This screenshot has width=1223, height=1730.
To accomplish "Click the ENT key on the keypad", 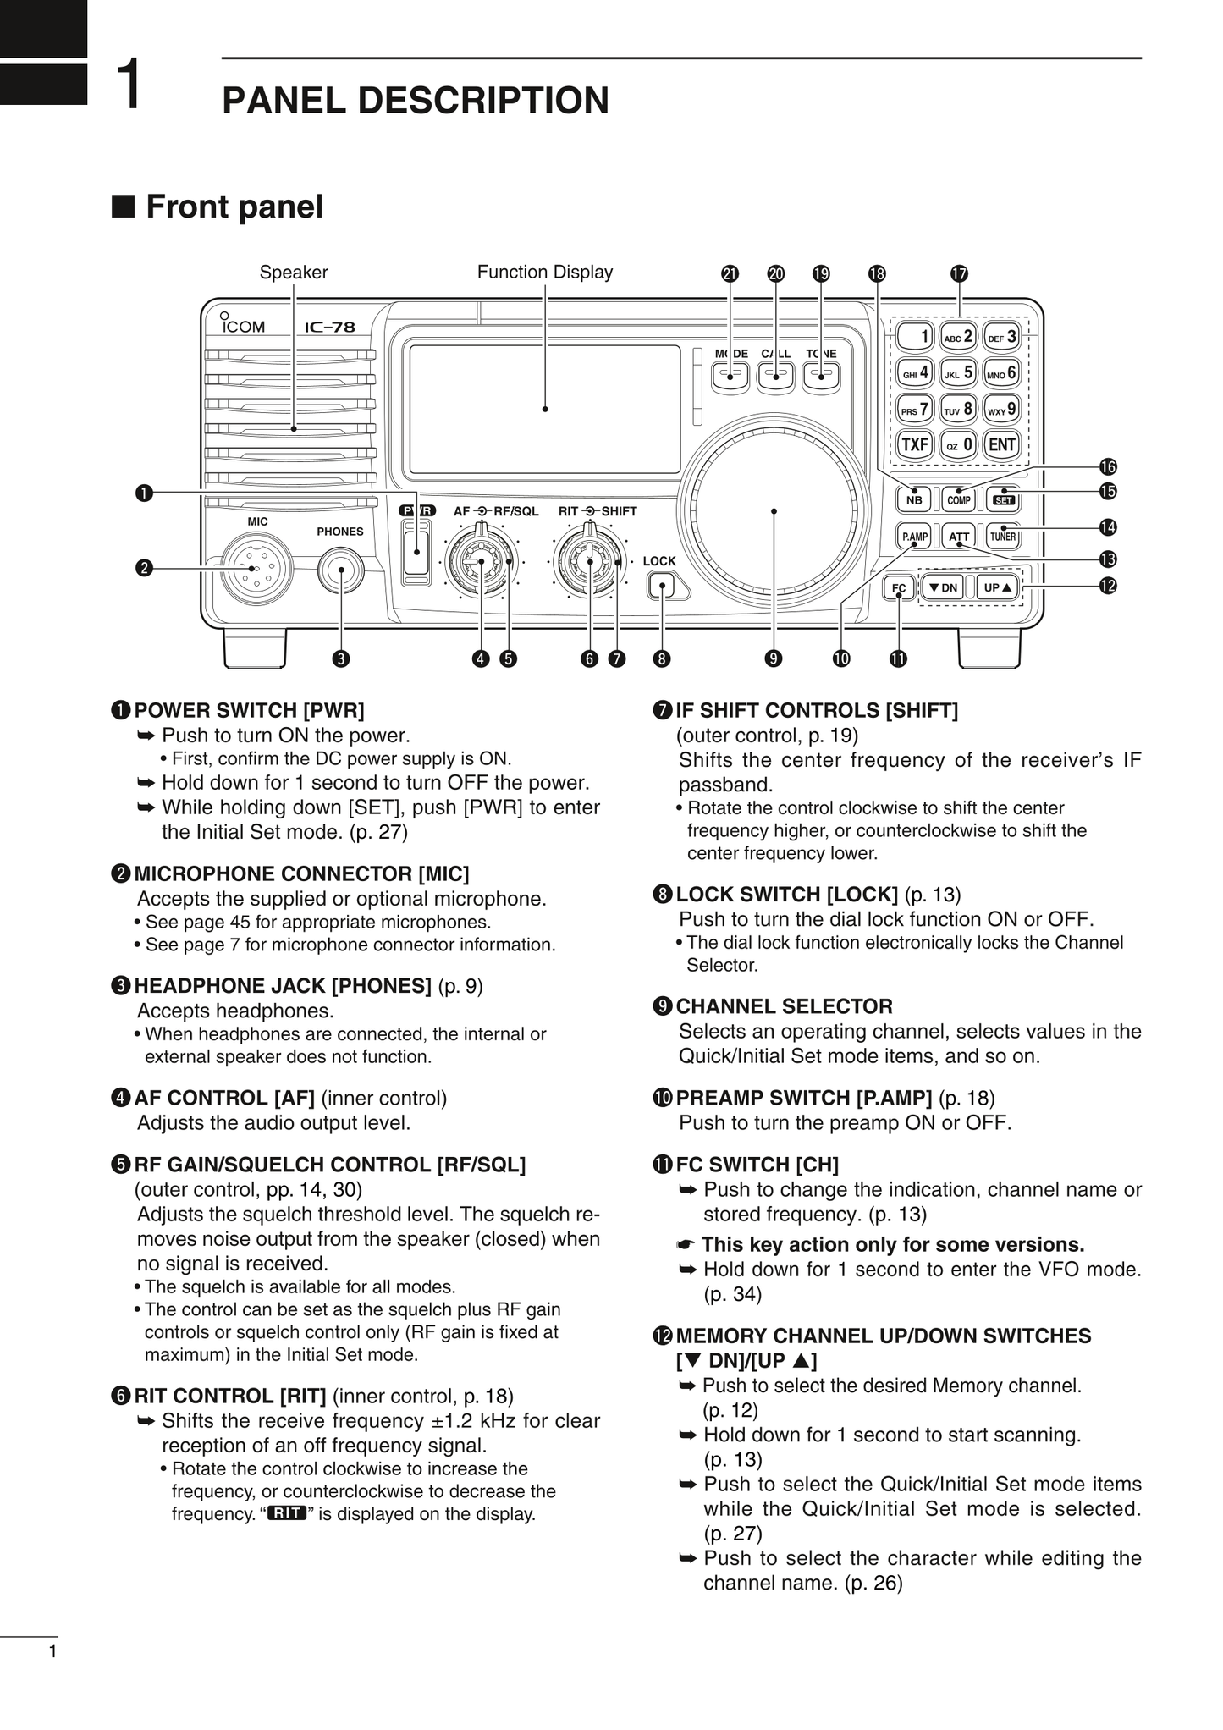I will [x=1002, y=444].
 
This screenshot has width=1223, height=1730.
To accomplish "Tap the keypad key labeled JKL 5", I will [x=958, y=372].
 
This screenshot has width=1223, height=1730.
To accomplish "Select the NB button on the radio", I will [x=914, y=499].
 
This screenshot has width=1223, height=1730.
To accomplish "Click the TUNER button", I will [x=1003, y=536].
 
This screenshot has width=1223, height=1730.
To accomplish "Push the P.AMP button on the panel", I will [x=914, y=536].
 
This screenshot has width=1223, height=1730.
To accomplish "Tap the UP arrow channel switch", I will [x=999, y=587].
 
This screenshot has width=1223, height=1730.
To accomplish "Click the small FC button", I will [x=899, y=588].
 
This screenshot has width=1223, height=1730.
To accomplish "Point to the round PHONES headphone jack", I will [x=341, y=571].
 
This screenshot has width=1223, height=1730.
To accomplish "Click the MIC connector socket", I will [x=256, y=569].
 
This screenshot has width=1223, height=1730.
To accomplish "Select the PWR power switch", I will [x=416, y=551].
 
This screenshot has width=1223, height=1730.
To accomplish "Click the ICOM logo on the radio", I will [x=243, y=326].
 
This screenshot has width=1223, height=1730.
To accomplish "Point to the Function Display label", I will [x=544, y=272].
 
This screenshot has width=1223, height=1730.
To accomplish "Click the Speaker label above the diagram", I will [x=293, y=273].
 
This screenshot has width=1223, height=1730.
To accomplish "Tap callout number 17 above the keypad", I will [x=958, y=273].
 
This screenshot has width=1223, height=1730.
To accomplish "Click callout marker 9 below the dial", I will [x=773, y=658].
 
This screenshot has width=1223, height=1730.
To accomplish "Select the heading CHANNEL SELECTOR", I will [x=784, y=1006].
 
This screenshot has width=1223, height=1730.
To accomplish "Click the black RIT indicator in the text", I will [x=286, y=1513].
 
